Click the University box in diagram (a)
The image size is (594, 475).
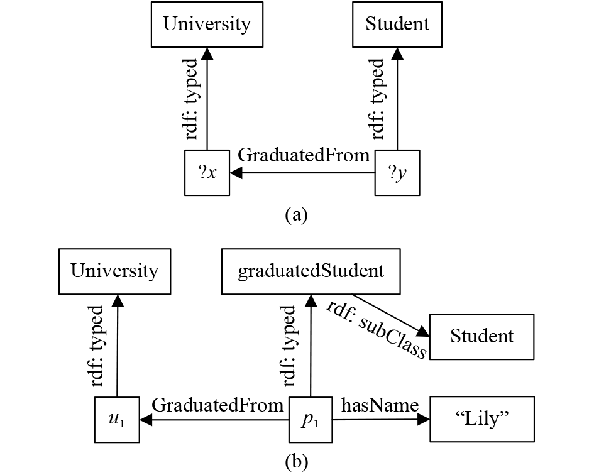[x=207, y=25]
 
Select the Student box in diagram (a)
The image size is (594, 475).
[x=397, y=25]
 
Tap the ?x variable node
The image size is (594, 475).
[x=207, y=173]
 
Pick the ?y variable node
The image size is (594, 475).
[x=397, y=173]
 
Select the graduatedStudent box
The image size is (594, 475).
[x=311, y=271]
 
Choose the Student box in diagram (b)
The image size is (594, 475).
[x=481, y=337]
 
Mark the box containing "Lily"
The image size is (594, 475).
[x=481, y=420]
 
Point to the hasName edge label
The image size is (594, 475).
[x=379, y=405]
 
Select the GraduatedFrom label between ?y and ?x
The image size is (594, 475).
[x=304, y=156]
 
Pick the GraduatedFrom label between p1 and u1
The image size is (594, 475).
[x=217, y=405]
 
